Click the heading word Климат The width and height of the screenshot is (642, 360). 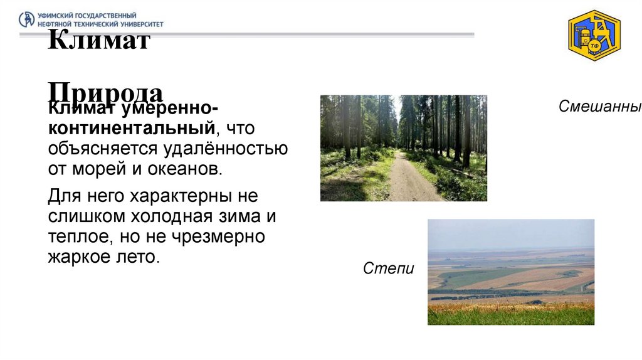[99, 42]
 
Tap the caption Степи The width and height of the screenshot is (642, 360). [388, 269]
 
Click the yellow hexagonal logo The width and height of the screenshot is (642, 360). [594, 36]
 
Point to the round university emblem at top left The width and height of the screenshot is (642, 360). [27, 19]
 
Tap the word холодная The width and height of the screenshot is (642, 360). [172, 217]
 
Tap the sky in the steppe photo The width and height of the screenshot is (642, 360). [510, 233]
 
